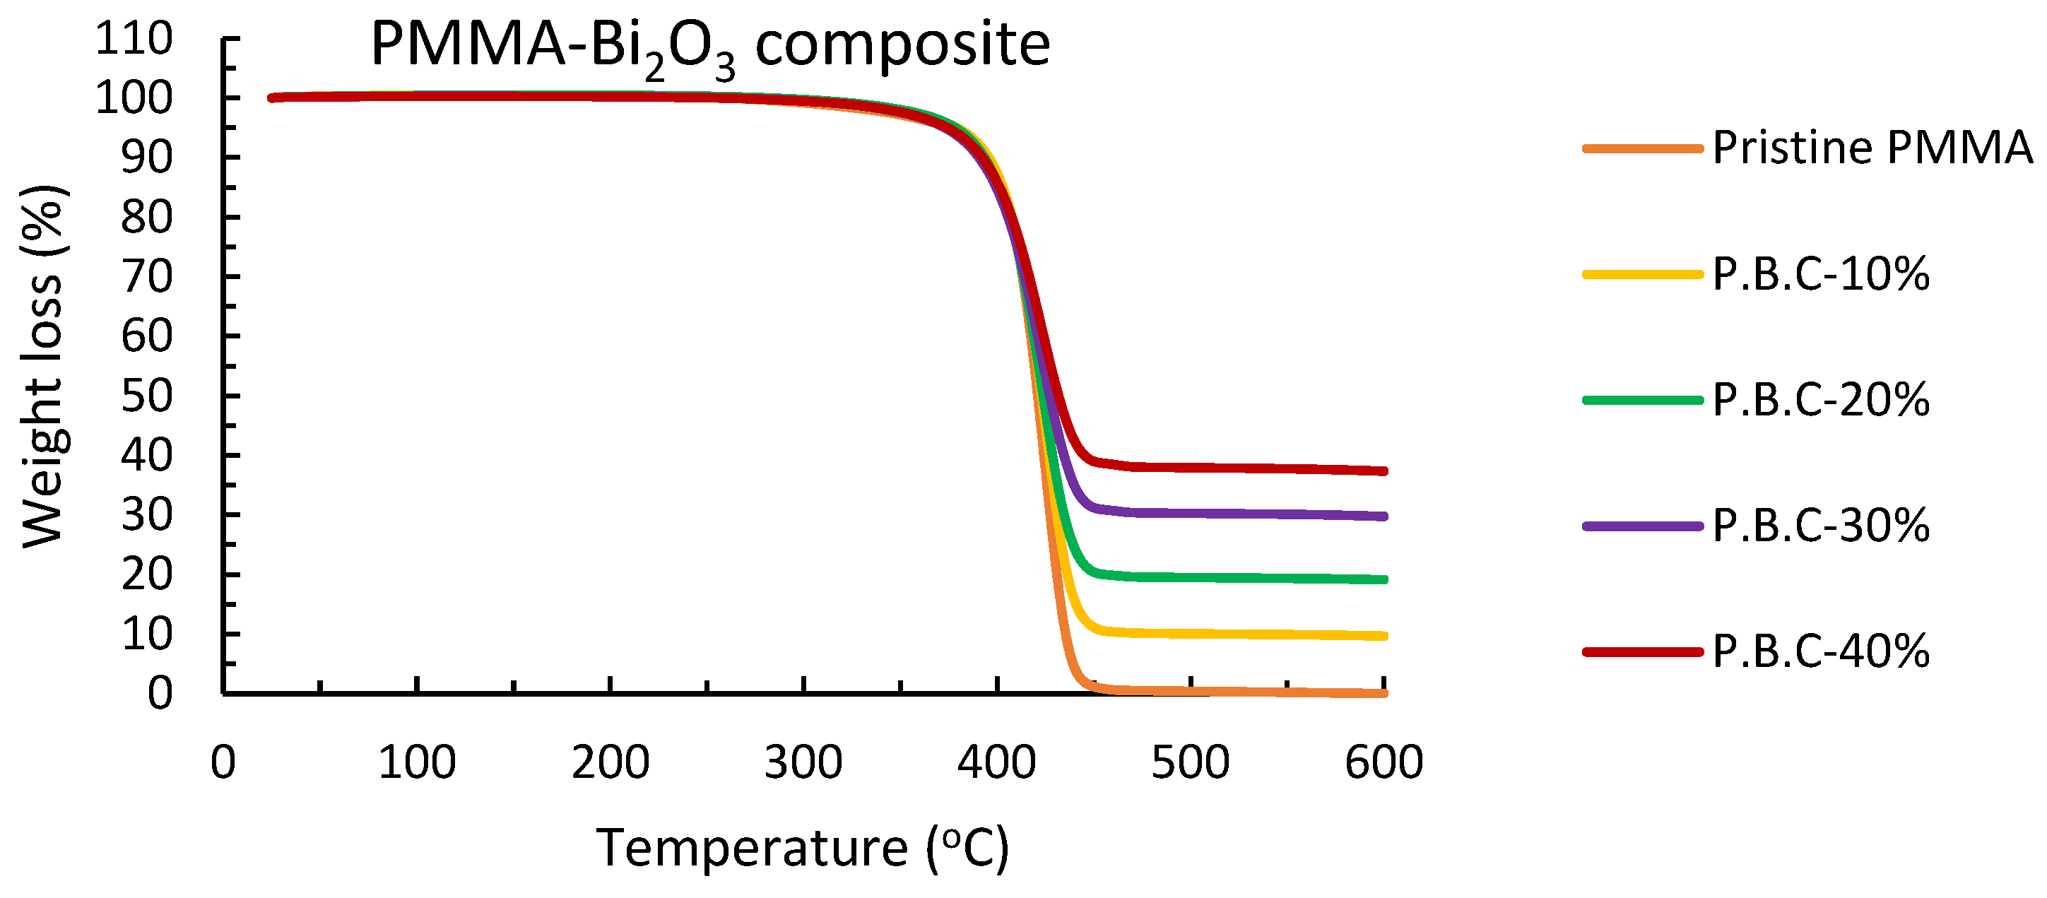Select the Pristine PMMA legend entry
[1871, 148]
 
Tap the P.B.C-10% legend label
[1820, 274]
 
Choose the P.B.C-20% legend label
[1820, 400]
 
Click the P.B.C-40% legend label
[1820, 651]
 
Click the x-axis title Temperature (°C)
[803, 849]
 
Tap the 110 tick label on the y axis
[134, 38]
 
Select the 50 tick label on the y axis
[146, 396]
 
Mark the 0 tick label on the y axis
[160, 693]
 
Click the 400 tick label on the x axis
[996, 762]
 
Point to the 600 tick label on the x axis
[1384, 762]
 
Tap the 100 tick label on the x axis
[416, 762]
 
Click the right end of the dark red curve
[1384, 471]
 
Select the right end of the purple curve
[1384, 516]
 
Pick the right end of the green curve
[1384, 579]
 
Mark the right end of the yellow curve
[1384, 636]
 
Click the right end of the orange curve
[1384, 693]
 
